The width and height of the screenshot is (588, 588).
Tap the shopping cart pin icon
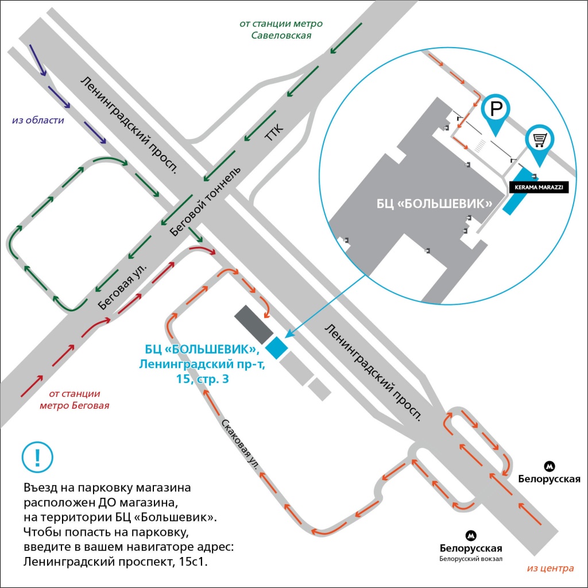540,143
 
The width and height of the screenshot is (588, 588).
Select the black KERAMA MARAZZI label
539,187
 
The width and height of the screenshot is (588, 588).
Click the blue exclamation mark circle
37,457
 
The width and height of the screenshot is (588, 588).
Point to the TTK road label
274,132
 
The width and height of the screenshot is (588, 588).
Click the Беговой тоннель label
205,202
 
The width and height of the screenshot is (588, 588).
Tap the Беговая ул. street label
122,286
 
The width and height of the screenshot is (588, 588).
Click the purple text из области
38,120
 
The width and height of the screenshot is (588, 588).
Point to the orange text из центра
550,568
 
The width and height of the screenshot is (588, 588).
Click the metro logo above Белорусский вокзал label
471,536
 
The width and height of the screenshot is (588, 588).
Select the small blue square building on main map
277,348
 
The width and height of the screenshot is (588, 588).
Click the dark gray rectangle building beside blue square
253,324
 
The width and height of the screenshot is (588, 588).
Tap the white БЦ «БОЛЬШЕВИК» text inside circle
434,204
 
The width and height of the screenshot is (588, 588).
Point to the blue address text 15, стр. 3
203,379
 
